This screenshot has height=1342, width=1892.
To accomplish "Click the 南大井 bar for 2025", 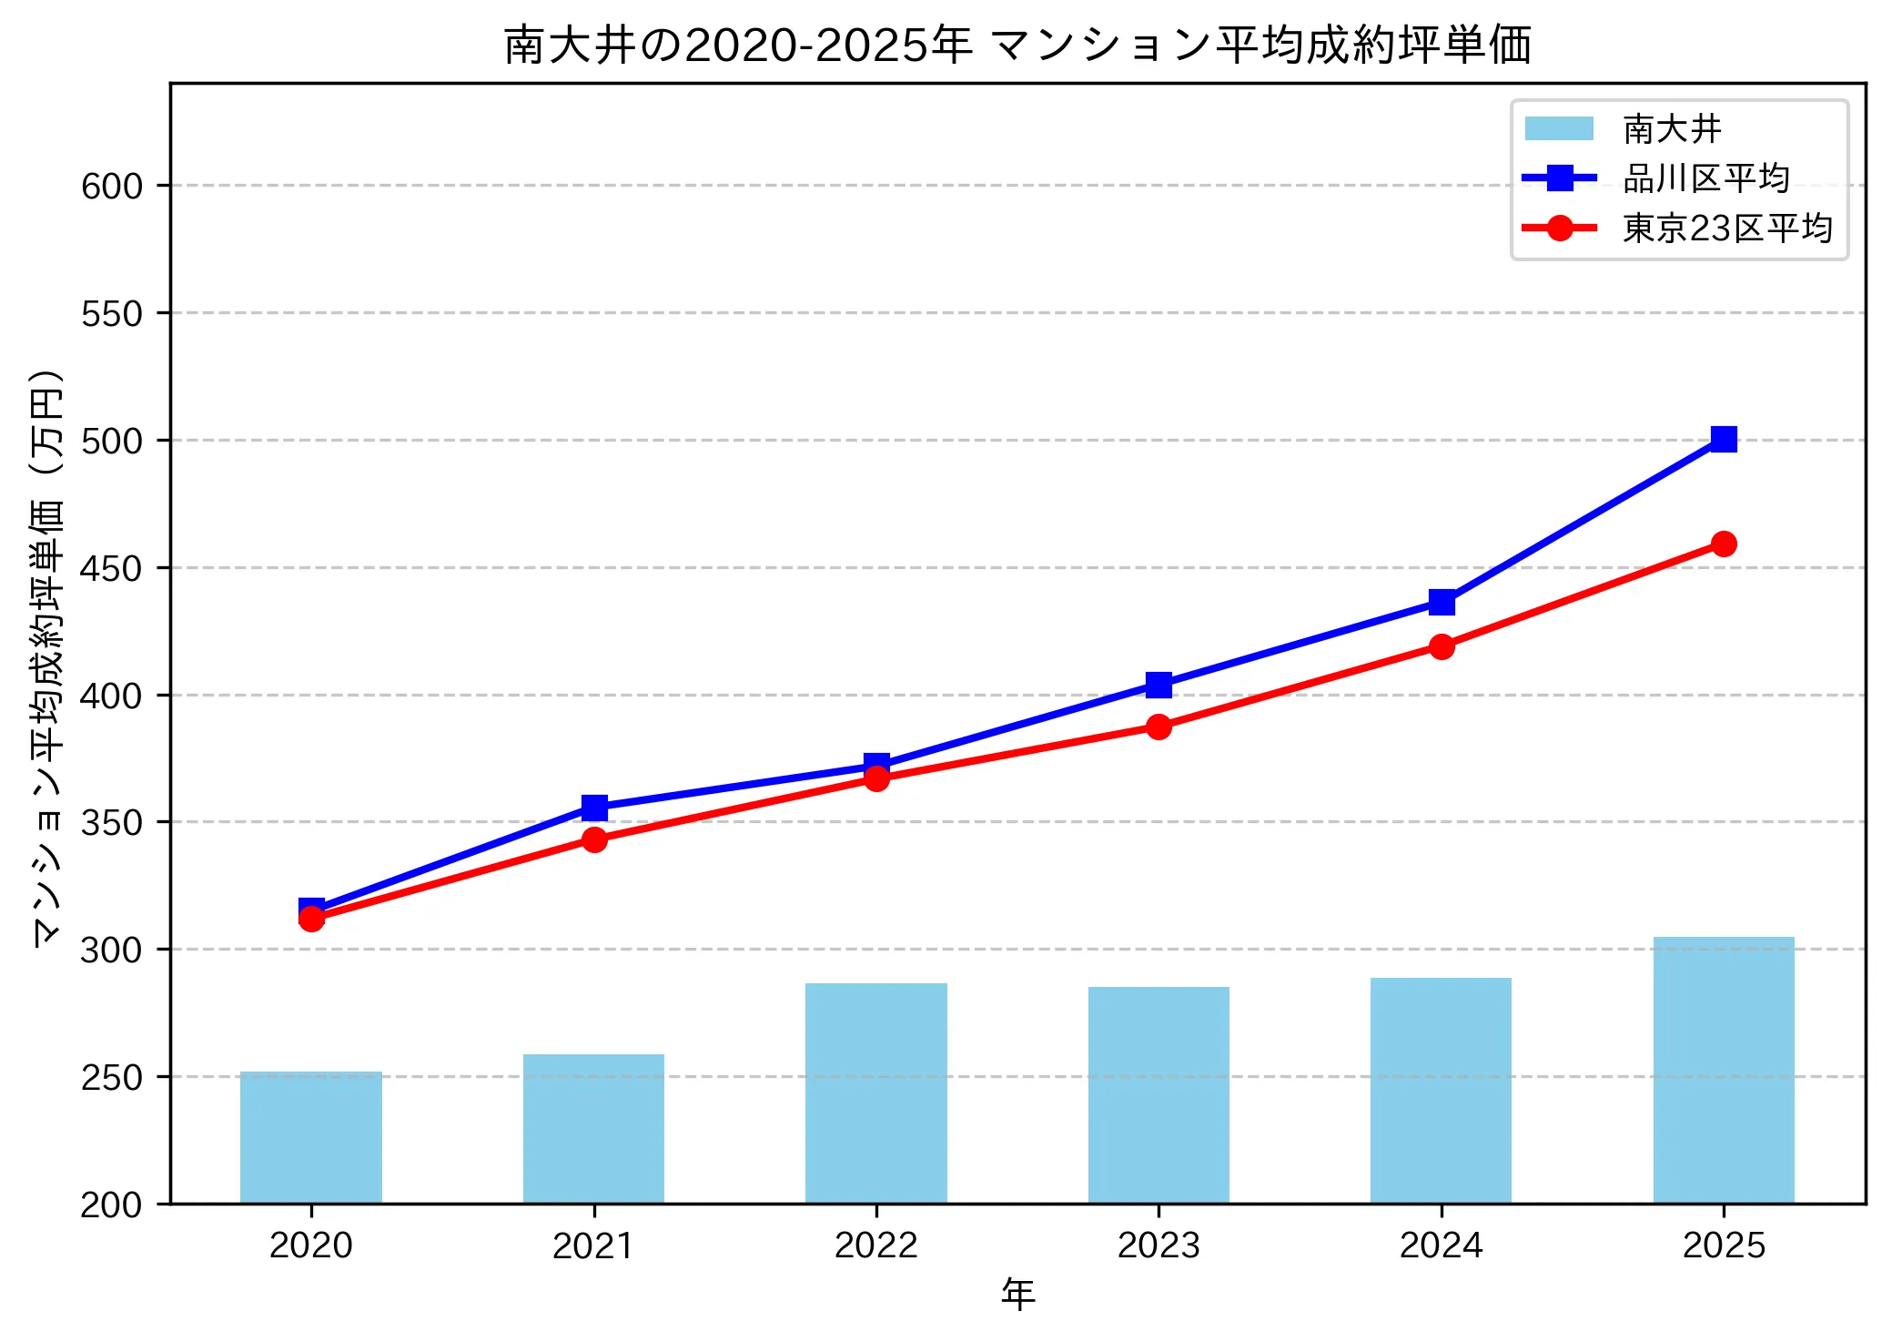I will click(1723, 1070).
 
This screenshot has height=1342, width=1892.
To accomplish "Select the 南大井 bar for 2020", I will click(311, 1137).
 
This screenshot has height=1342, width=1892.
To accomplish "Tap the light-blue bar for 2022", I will click(875, 1093).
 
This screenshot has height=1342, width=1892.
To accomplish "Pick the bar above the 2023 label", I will click(1158, 1094).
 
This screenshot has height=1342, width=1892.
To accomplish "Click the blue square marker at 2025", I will click(1723, 440).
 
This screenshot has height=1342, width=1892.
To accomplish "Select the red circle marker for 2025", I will click(1723, 544).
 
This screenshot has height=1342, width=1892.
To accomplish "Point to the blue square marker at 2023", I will click(1158, 685).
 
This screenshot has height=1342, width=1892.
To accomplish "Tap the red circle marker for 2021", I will click(594, 839).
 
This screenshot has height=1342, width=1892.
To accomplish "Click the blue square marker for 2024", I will click(1441, 602).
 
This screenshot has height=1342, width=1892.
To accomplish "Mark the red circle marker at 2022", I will click(876, 778).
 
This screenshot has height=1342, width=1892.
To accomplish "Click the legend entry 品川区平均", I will click(1705, 178).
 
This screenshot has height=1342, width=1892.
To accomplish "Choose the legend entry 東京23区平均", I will click(1726, 228).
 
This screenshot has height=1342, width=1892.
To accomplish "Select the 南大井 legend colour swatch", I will click(1559, 129).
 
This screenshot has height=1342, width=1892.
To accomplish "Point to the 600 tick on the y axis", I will click(112, 187).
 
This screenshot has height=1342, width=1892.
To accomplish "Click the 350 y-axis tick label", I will click(112, 823).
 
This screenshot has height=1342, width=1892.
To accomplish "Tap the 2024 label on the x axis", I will click(1441, 1245).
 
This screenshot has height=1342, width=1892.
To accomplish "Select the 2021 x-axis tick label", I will click(594, 1245).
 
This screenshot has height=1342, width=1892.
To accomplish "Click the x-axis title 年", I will click(1017, 1295).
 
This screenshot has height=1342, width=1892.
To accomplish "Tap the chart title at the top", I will click(1017, 45).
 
